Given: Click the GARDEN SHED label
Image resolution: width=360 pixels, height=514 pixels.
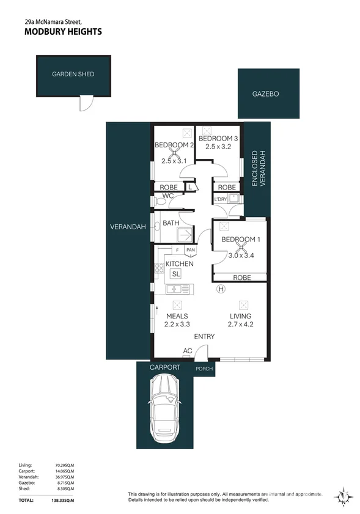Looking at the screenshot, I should point(73,75).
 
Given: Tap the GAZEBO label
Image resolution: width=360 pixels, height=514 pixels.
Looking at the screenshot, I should point(265,94).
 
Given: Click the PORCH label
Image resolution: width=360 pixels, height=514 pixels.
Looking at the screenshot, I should point(204,369).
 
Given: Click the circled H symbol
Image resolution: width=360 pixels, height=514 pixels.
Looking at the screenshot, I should point(221,288).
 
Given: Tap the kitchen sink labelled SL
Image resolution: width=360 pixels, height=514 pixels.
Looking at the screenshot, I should point(176,274).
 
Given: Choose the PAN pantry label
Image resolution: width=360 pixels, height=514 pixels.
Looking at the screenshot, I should point(191,250).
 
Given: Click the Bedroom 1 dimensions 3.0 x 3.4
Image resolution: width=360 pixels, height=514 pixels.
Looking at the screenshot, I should point(239,255).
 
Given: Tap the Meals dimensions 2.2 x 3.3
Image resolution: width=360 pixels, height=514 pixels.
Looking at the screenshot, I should point(177,325).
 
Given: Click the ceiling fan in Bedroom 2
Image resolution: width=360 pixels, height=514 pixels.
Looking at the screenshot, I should point(174,153).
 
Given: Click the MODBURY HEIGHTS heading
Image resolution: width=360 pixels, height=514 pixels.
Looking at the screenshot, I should point(63,32).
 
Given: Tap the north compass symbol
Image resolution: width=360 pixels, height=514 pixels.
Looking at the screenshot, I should point(343,496).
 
